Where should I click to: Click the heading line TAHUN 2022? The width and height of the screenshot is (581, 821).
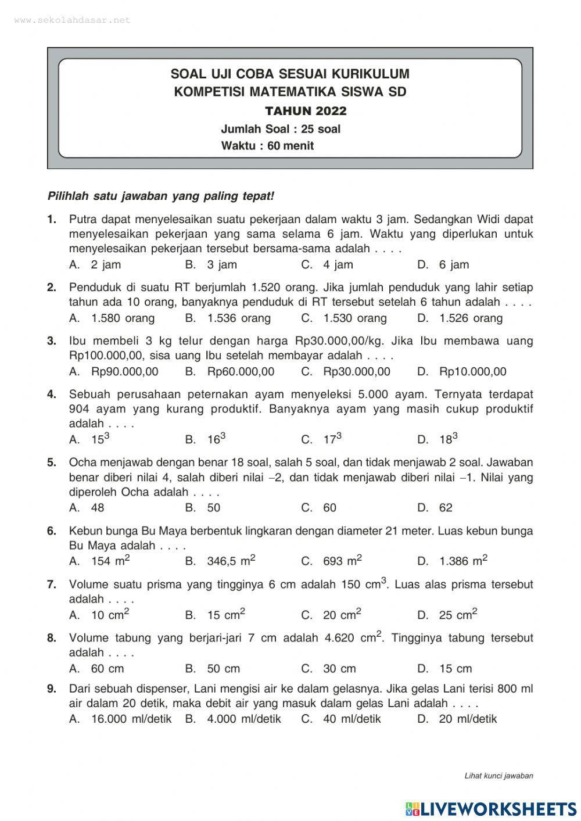pos(306,111)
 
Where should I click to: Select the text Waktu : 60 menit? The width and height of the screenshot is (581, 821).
pos(267,146)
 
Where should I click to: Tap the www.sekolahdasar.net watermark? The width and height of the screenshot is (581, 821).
pos(72,20)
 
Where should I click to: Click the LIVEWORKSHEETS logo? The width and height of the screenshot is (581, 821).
pos(491,809)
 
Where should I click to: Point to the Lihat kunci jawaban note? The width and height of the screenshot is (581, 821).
pos(498,775)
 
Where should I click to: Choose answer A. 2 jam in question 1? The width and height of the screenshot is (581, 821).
pos(95,265)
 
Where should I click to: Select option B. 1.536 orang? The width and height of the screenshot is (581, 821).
pos(228,318)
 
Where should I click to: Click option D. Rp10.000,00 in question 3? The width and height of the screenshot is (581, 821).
pos(461,372)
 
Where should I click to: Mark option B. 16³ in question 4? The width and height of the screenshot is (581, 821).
pos(206,439)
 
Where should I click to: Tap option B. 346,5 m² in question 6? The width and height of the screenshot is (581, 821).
pos(221,561)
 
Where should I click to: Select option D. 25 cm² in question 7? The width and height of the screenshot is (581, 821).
pos(447,615)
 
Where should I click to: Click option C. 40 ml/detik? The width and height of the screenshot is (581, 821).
pos(341,719)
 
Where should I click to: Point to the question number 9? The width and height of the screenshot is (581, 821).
pos(52,689)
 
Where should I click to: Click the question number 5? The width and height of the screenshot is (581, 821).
pos(52,463)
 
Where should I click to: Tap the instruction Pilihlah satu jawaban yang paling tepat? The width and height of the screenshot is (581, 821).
pos(160,196)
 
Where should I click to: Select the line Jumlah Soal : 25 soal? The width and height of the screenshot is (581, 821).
pos(281,129)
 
